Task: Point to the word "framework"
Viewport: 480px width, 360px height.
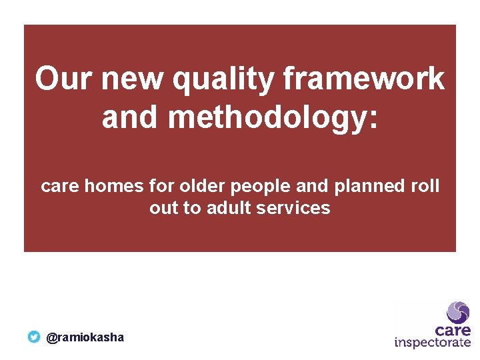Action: [x=364, y=79]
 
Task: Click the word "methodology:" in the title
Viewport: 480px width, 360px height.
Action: [x=273, y=117]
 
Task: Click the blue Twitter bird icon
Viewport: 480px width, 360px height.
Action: [x=34, y=337]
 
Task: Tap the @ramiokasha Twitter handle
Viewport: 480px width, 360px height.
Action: [x=85, y=337]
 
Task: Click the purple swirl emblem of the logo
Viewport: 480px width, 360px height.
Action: [x=458, y=311]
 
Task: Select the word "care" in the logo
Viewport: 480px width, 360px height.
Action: [x=453, y=330]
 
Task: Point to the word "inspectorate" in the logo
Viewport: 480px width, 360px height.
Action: [x=433, y=343]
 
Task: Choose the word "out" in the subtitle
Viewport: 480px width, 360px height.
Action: [x=163, y=208]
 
